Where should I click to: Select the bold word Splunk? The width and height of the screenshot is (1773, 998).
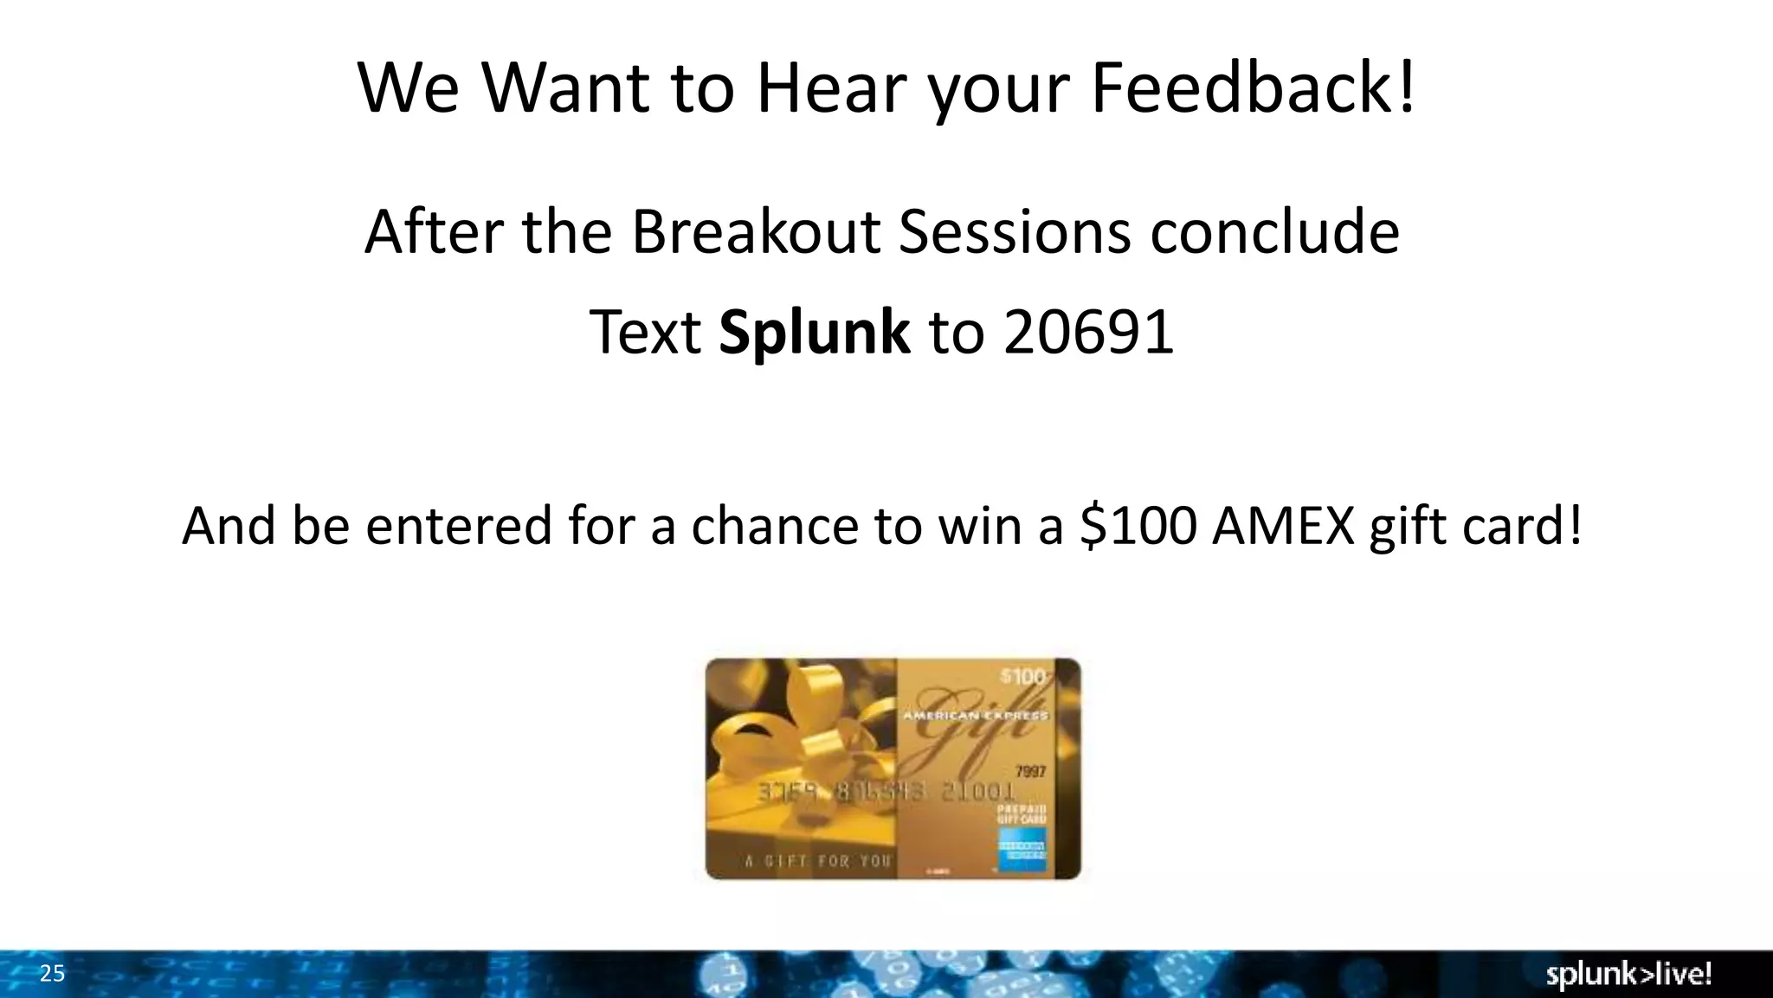814,333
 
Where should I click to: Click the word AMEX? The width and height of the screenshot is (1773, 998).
1283,525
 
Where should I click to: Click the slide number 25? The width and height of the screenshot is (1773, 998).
52,974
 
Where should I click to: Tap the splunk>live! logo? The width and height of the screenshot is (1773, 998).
1628,975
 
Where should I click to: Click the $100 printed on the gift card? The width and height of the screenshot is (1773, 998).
1022,677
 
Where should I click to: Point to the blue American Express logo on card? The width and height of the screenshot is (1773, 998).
1022,849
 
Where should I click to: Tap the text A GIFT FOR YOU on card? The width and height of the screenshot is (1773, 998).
818,861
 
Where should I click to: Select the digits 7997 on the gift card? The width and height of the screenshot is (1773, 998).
1030,771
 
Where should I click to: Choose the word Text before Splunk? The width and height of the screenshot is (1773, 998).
645,333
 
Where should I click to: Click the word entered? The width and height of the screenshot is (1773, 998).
459,525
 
